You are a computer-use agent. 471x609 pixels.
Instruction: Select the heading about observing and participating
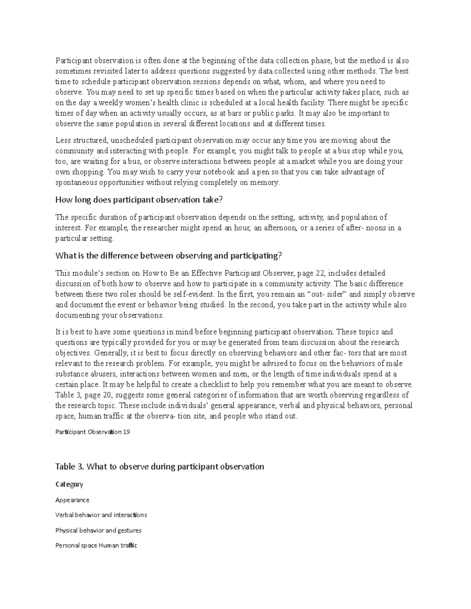[x=169, y=256]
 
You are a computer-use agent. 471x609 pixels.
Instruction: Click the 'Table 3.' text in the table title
[x=70, y=467]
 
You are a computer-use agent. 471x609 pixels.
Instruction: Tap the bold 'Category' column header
[x=69, y=484]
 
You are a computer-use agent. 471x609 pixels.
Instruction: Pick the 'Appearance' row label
[x=72, y=500]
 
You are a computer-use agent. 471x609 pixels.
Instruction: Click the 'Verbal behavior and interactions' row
[x=101, y=515]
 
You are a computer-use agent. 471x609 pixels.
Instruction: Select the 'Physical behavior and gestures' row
[x=98, y=530]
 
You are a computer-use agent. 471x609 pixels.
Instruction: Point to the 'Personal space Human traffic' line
[x=96, y=545]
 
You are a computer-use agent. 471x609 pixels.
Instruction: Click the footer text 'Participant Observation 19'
[x=92, y=432]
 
